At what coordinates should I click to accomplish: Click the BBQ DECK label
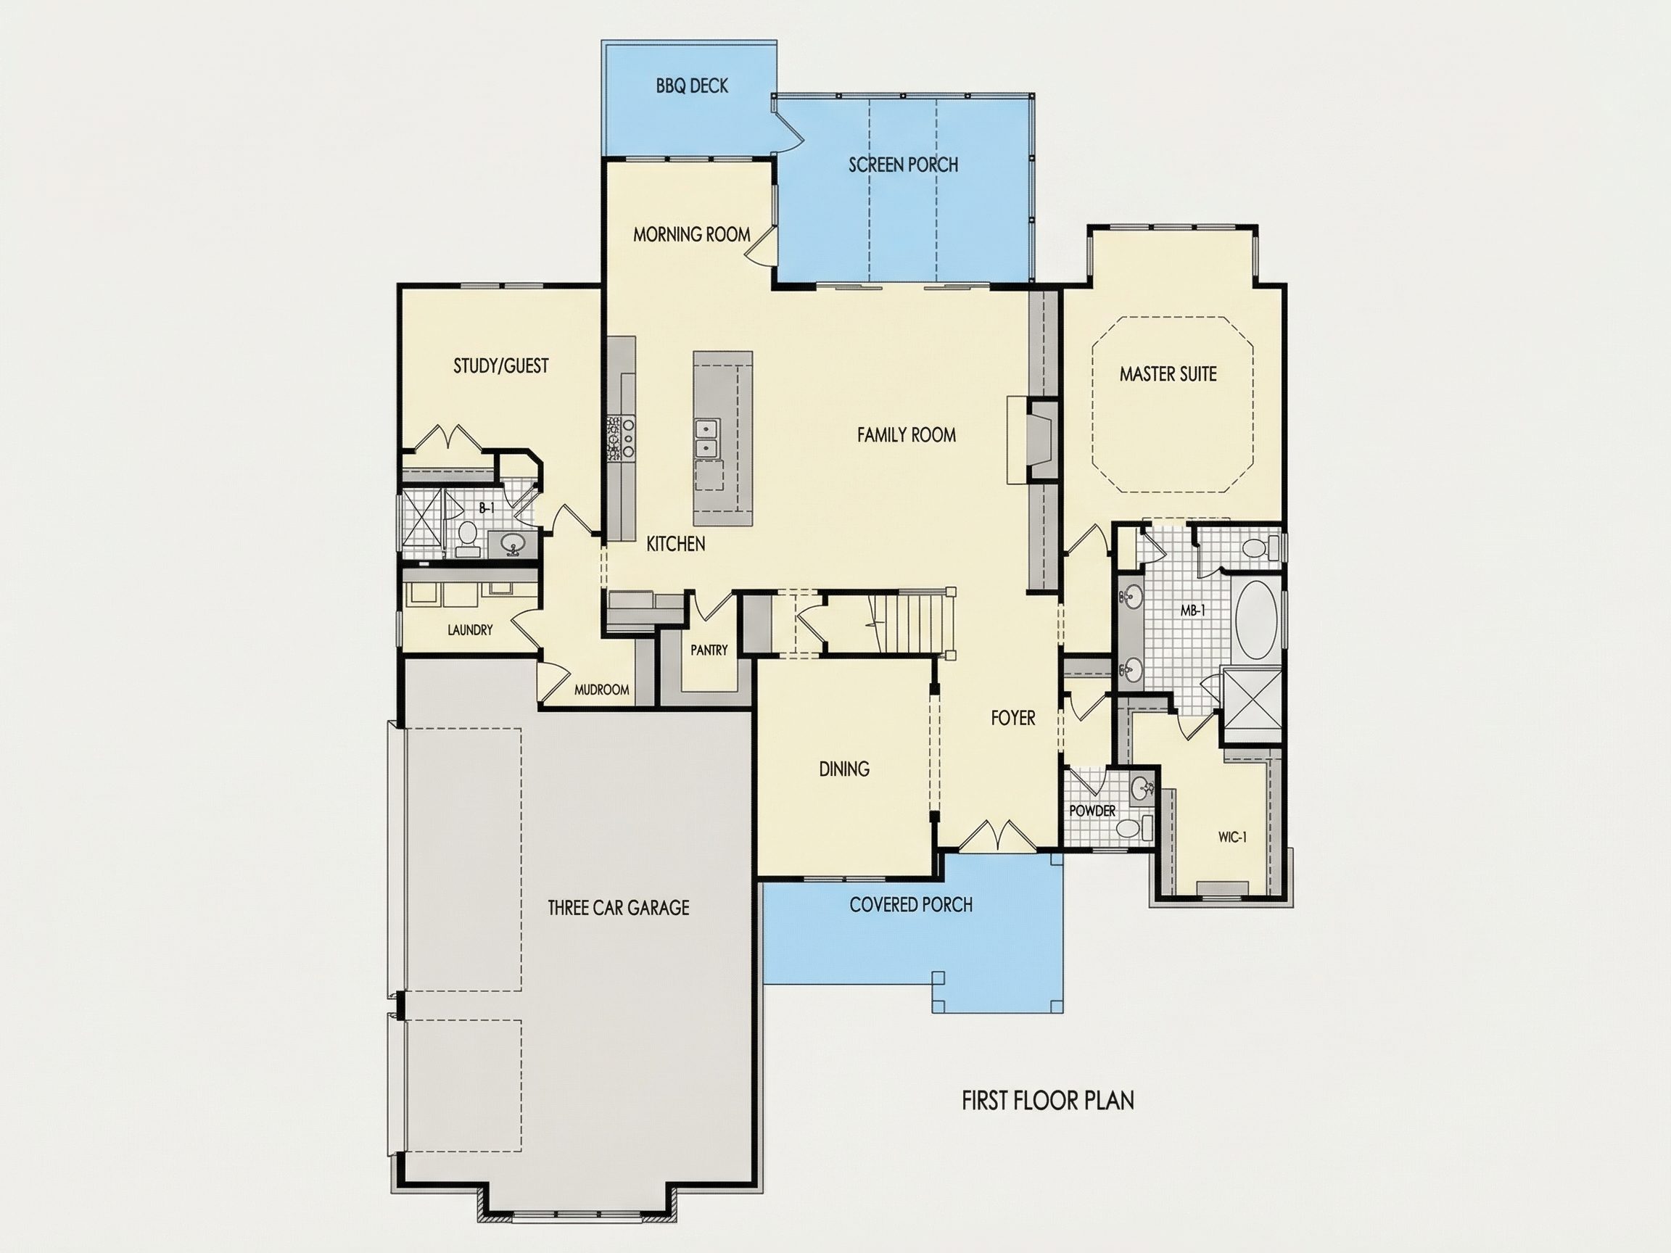pos(692,86)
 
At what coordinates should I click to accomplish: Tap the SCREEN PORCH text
pos(903,165)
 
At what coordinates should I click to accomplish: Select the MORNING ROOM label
pos(691,235)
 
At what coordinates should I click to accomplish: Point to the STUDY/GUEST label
pos(501,366)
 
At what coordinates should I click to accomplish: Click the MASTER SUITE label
pos(1168,374)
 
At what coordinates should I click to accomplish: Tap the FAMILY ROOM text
pos(907,435)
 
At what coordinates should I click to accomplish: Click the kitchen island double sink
pos(708,439)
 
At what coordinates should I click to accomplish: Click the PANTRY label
pos(709,650)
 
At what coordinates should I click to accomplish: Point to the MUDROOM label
pos(601,690)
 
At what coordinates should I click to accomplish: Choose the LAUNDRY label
pos(470,630)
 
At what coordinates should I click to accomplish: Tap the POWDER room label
pos(1092,811)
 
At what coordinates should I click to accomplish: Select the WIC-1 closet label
pos(1232,837)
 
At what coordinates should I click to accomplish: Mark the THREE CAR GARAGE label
pos(618,908)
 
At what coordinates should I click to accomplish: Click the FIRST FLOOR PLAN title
pos(1048,1101)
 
